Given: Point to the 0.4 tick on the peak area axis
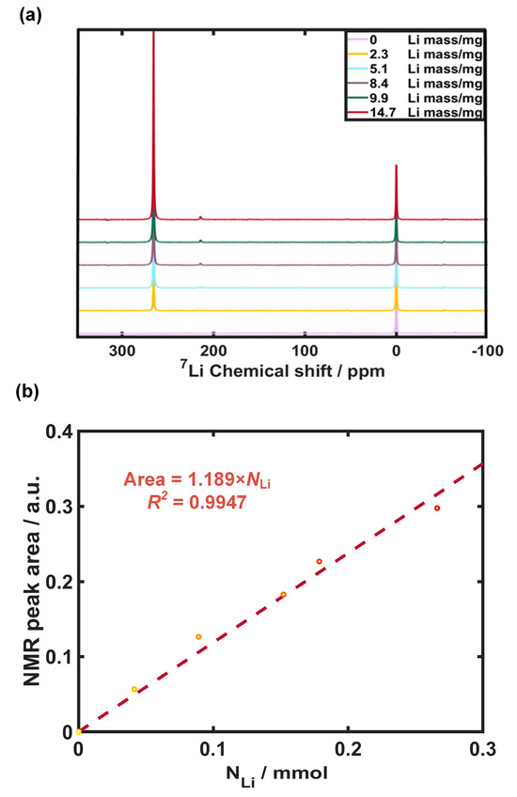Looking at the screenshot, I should point(56,431).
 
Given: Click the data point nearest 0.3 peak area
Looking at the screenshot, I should point(437,508).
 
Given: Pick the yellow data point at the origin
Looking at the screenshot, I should point(79,731).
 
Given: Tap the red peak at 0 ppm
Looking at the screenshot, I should point(396,167).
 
